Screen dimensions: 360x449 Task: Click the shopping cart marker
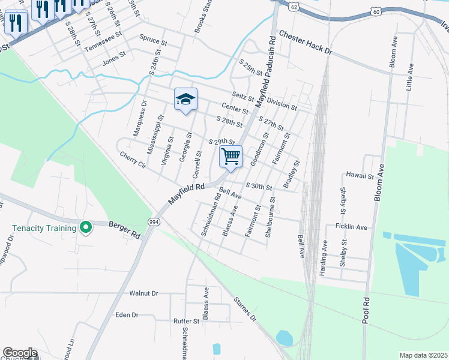tap(231, 157)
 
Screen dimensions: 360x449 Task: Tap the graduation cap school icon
tap(185, 100)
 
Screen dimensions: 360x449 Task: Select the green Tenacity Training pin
tap(86, 227)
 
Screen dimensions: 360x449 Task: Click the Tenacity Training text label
tap(45, 228)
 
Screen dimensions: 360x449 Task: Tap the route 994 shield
tap(154, 221)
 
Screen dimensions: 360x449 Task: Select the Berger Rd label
tap(124, 230)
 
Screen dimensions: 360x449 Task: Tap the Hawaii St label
tap(360, 176)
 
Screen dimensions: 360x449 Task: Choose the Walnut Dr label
tap(143, 293)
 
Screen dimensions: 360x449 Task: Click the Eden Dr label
tap(126, 314)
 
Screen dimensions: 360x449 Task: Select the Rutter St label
tap(186, 322)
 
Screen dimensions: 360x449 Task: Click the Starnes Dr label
tap(244, 308)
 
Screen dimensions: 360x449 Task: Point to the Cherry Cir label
tap(133, 159)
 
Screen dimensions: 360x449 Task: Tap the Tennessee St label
tap(103, 41)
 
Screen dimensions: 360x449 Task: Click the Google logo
tap(20, 353)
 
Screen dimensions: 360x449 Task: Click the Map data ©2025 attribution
tap(423, 355)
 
